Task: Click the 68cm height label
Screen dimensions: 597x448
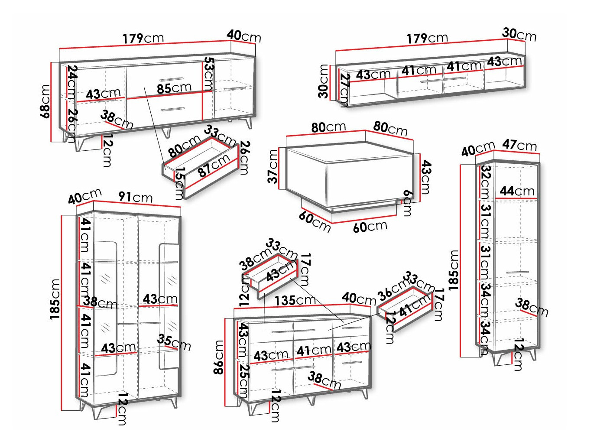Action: pyautogui.click(x=45, y=101)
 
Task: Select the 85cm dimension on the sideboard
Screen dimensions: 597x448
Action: pyautogui.click(x=174, y=88)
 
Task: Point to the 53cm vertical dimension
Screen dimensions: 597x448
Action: pyautogui.click(x=209, y=74)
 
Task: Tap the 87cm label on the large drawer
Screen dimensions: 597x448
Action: pyautogui.click(x=214, y=166)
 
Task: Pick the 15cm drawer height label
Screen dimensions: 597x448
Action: pyautogui.click(x=179, y=183)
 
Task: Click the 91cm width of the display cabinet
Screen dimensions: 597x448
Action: pyautogui.click(x=136, y=197)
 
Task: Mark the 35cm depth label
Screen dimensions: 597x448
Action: pyautogui.click(x=174, y=342)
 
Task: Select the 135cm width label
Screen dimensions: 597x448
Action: pyautogui.click(x=295, y=300)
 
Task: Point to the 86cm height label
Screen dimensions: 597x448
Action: pyautogui.click(x=219, y=357)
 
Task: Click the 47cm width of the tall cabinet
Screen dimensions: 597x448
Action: pyautogui.click(x=519, y=145)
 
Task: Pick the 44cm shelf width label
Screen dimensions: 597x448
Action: pyautogui.click(x=517, y=191)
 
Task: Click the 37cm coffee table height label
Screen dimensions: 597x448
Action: pyautogui.click(x=273, y=166)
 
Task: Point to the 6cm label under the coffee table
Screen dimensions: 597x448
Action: pyautogui.click(x=407, y=203)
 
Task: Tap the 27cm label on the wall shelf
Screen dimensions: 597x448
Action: pyautogui.click(x=344, y=90)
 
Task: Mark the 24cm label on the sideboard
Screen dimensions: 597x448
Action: pyautogui.click(x=72, y=82)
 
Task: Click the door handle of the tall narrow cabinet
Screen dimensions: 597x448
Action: pyautogui.click(x=518, y=272)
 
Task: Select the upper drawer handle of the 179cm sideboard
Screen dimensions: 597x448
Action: pyautogui.click(x=172, y=79)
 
